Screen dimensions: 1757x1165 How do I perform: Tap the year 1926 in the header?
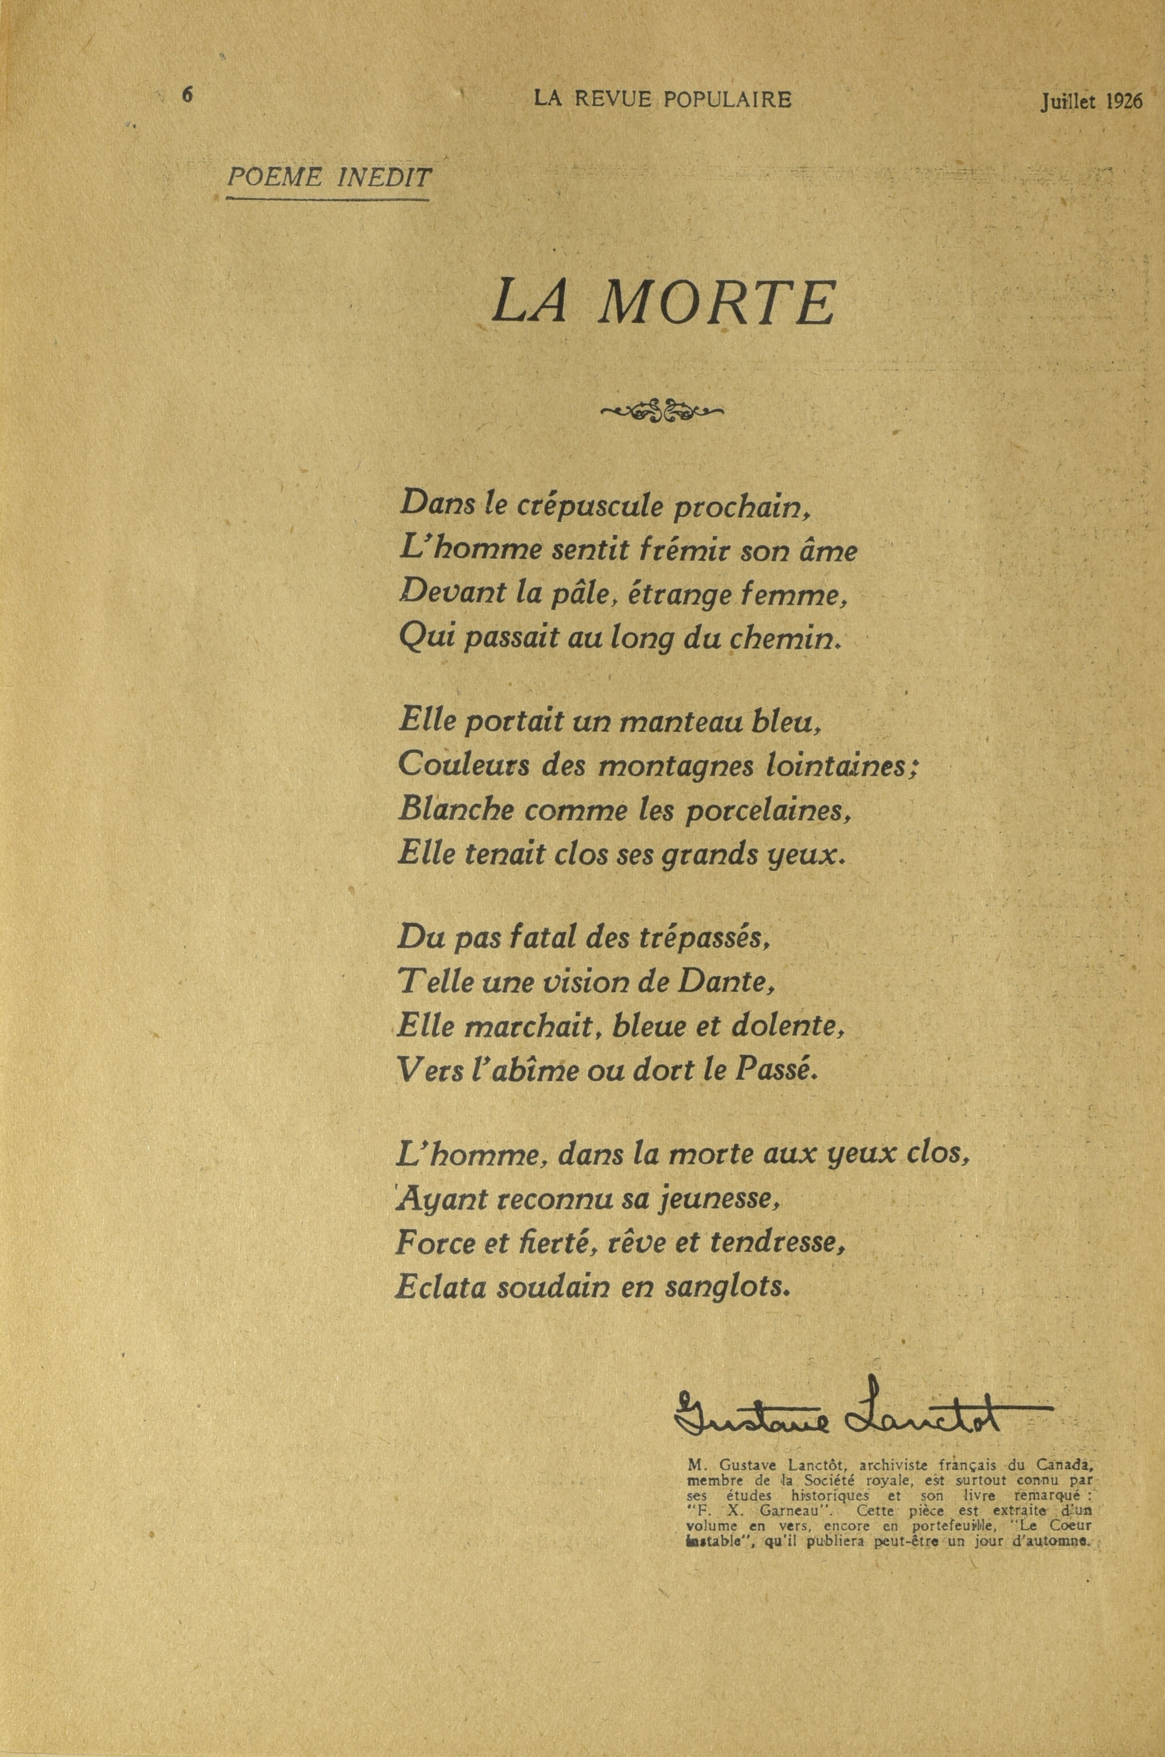click(1123, 102)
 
